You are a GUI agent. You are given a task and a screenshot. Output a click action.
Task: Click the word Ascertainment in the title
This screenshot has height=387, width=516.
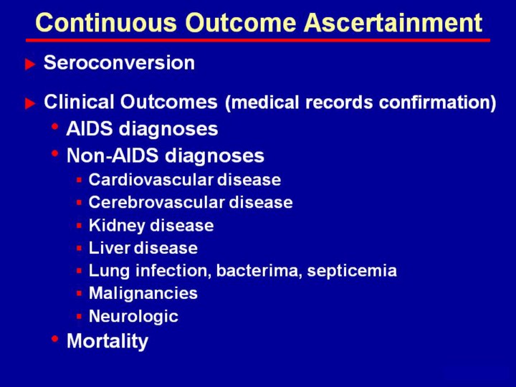click(x=393, y=22)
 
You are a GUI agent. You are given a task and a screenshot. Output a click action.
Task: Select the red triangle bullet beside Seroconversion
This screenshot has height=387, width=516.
click(x=30, y=64)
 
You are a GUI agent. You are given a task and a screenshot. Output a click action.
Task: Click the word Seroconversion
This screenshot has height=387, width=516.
click(x=119, y=62)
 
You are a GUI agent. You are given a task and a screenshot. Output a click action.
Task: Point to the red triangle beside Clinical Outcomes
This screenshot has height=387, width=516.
click(x=30, y=103)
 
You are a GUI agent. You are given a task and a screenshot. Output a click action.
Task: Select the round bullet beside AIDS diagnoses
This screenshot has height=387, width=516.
click(x=55, y=126)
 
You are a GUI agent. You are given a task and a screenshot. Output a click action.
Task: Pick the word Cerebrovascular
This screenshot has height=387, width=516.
click(x=157, y=202)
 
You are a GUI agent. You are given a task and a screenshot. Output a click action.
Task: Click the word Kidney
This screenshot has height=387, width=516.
click(x=117, y=226)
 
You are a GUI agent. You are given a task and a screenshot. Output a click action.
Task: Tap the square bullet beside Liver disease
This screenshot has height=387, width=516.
click(x=79, y=248)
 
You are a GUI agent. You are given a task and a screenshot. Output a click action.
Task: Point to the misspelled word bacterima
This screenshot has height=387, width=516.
click(x=259, y=270)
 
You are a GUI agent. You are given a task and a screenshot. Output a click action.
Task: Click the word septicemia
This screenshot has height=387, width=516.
click(x=352, y=271)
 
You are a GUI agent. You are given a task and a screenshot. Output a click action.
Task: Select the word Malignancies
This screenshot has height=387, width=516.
click(x=143, y=294)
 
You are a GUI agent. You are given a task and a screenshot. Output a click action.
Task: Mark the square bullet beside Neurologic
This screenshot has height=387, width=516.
click(x=79, y=317)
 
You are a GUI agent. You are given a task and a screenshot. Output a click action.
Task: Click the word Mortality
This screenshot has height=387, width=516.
click(x=107, y=341)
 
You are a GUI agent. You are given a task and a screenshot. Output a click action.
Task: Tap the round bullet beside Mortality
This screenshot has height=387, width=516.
click(x=55, y=338)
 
